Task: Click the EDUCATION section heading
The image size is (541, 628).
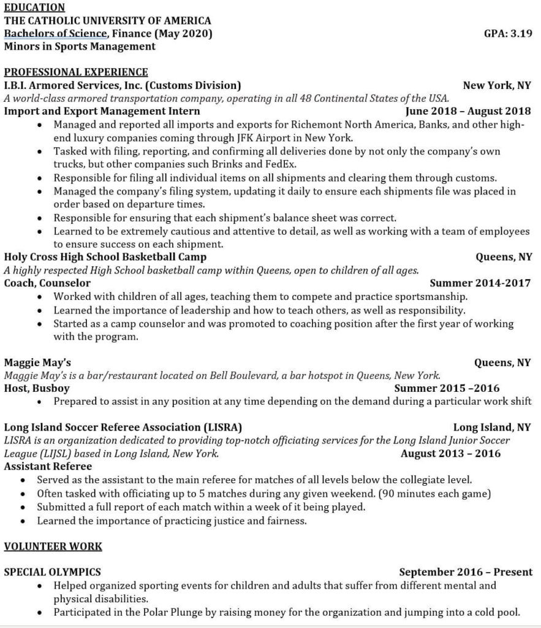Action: coord(34,7)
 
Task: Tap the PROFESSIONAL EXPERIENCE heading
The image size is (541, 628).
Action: coord(76,72)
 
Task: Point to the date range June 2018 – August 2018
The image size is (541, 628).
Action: coord(468,111)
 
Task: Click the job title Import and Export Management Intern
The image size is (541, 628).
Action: coord(102,111)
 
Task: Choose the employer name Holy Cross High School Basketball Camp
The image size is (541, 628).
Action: coord(105,257)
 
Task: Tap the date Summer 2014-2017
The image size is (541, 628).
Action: coord(480,283)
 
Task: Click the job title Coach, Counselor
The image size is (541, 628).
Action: coord(47,283)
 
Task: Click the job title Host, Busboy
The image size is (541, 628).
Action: coord(37,388)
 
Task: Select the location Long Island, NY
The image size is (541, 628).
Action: coord(492,427)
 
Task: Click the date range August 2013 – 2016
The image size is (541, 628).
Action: coord(450,453)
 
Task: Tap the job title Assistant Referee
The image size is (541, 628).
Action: coord(48,466)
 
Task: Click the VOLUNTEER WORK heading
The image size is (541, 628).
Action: coord(53,546)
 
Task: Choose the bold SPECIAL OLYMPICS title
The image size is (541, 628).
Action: coord(53,572)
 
